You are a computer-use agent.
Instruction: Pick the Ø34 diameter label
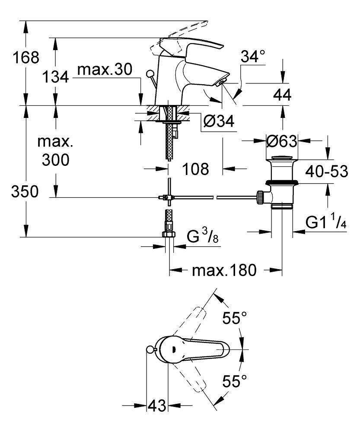click(x=219, y=122)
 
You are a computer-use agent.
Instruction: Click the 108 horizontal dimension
click(x=195, y=169)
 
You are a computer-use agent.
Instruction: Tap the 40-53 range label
click(x=327, y=172)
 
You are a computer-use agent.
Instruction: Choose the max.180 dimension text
click(x=224, y=270)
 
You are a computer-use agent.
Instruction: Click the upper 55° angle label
click(x=234, y=319)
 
